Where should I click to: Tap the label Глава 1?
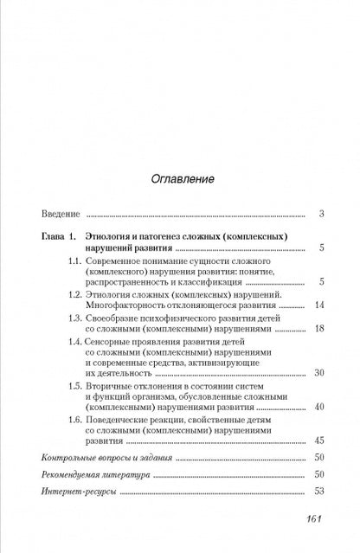pyautogui.click(x=60, y=260)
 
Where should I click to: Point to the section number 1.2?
pyautogui.click(x=76, y=318)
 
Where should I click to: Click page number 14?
pyautogui.click(x=318, y=330)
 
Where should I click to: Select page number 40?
pyautogui.click(x=318, y=429)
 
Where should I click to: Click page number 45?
pyautogui.click(x=318, y=464)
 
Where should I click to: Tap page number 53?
pyautogui.click(x=318, y=516)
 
